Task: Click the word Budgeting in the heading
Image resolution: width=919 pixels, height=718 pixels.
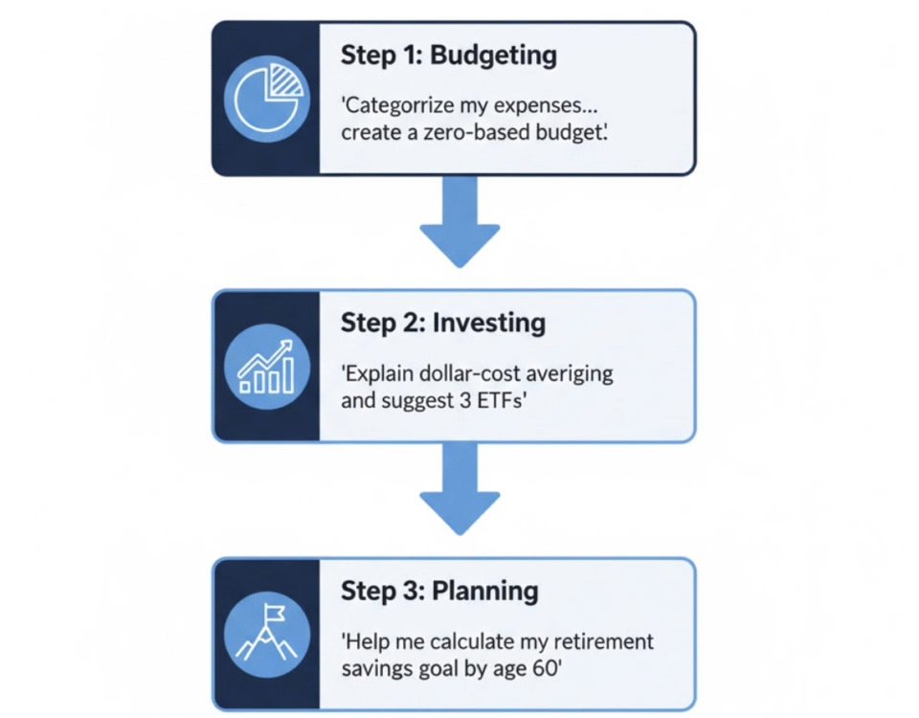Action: pos(494,56)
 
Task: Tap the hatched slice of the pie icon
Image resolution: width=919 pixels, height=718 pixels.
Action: pos(285,81)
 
